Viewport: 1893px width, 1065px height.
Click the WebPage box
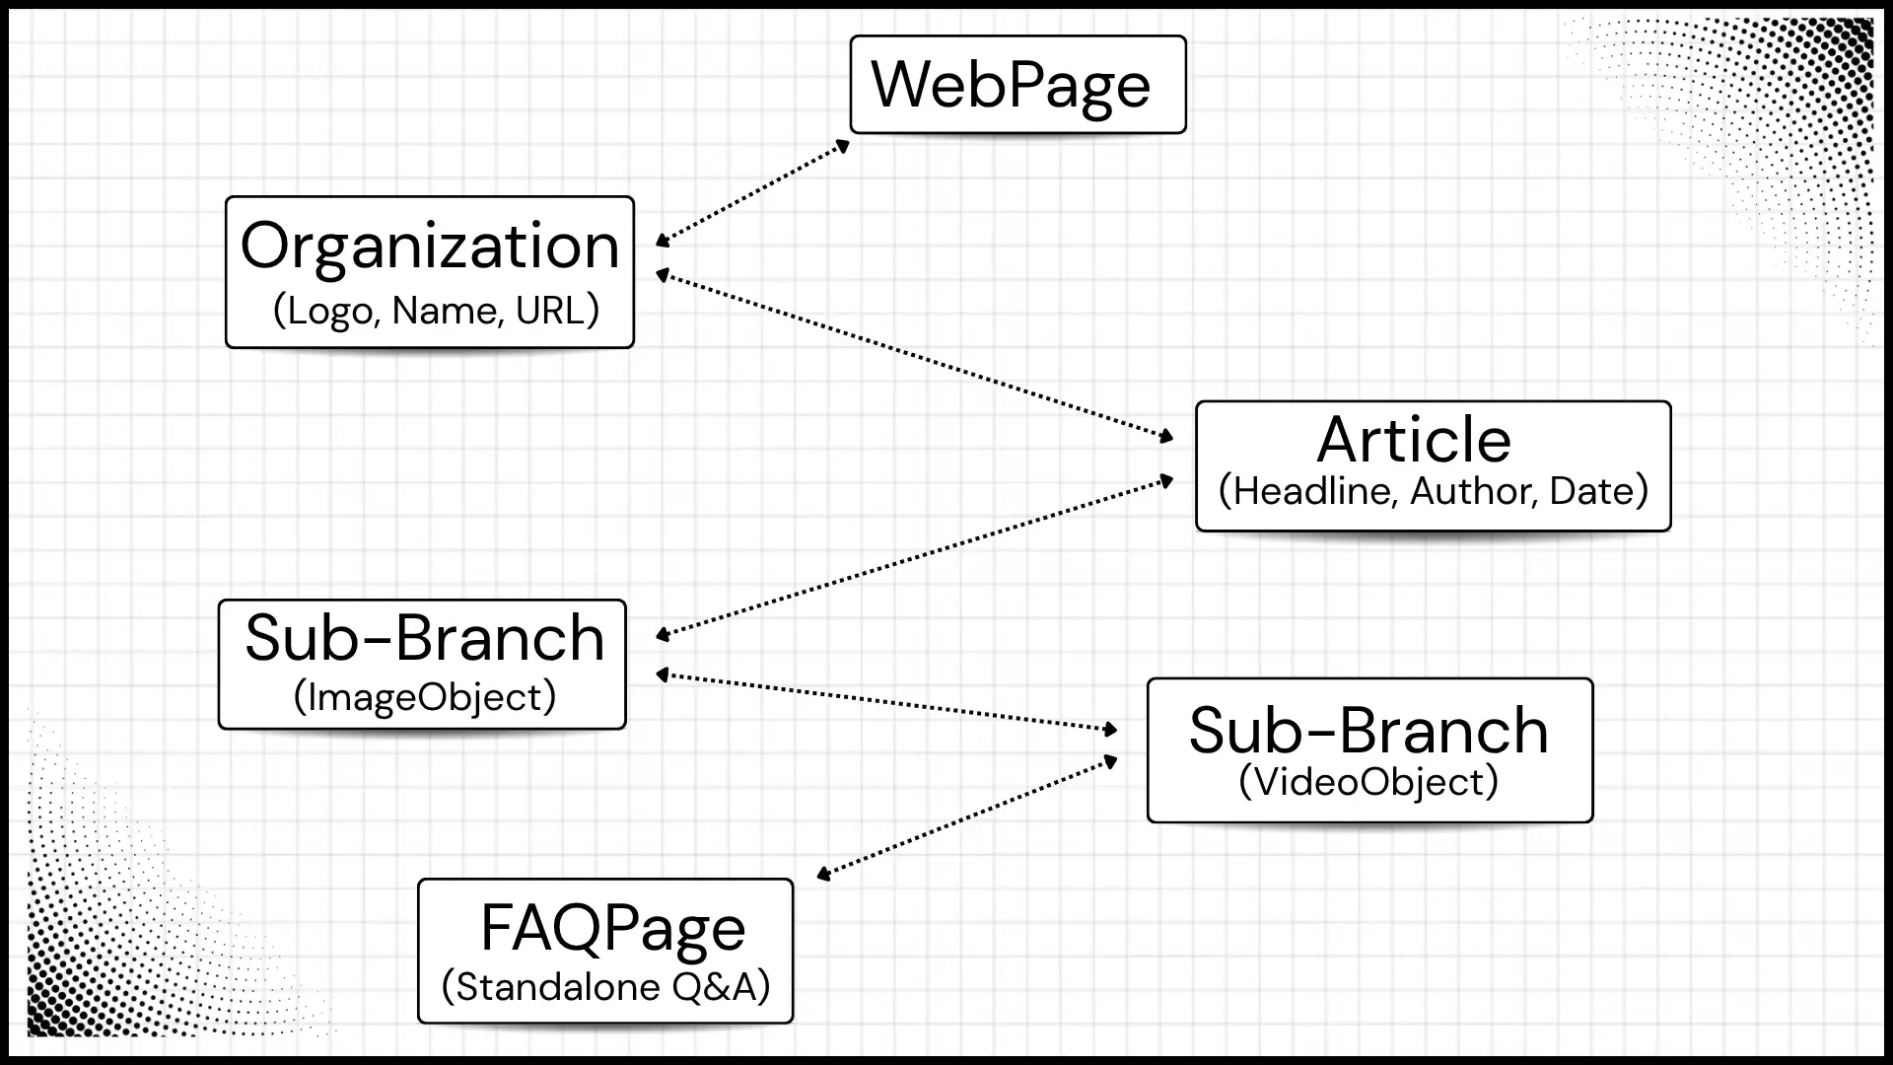[1017, 85]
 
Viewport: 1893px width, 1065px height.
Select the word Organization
[430, 247]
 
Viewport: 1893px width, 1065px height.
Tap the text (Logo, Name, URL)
[436, 311]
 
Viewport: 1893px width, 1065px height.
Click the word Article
[1414, 440]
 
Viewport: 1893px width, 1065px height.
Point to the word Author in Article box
[1469, 491]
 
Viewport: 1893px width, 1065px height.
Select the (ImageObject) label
[425, 697]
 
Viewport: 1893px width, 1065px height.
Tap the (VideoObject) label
[1368, 782]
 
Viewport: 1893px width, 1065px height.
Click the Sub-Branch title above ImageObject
[424, 638]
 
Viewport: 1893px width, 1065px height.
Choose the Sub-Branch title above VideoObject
[1368, 731]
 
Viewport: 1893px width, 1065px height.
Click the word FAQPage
[612, 928]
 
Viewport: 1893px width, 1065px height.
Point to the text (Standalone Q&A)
[605, 986]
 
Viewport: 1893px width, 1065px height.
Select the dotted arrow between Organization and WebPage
[753, 192]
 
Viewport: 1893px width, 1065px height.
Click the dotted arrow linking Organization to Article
[915, 356]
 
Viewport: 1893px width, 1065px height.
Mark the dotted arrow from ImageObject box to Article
[915, 557]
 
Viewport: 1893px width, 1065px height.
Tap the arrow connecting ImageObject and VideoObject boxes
[887, 702]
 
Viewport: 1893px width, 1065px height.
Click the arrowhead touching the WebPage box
[842, 147]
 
